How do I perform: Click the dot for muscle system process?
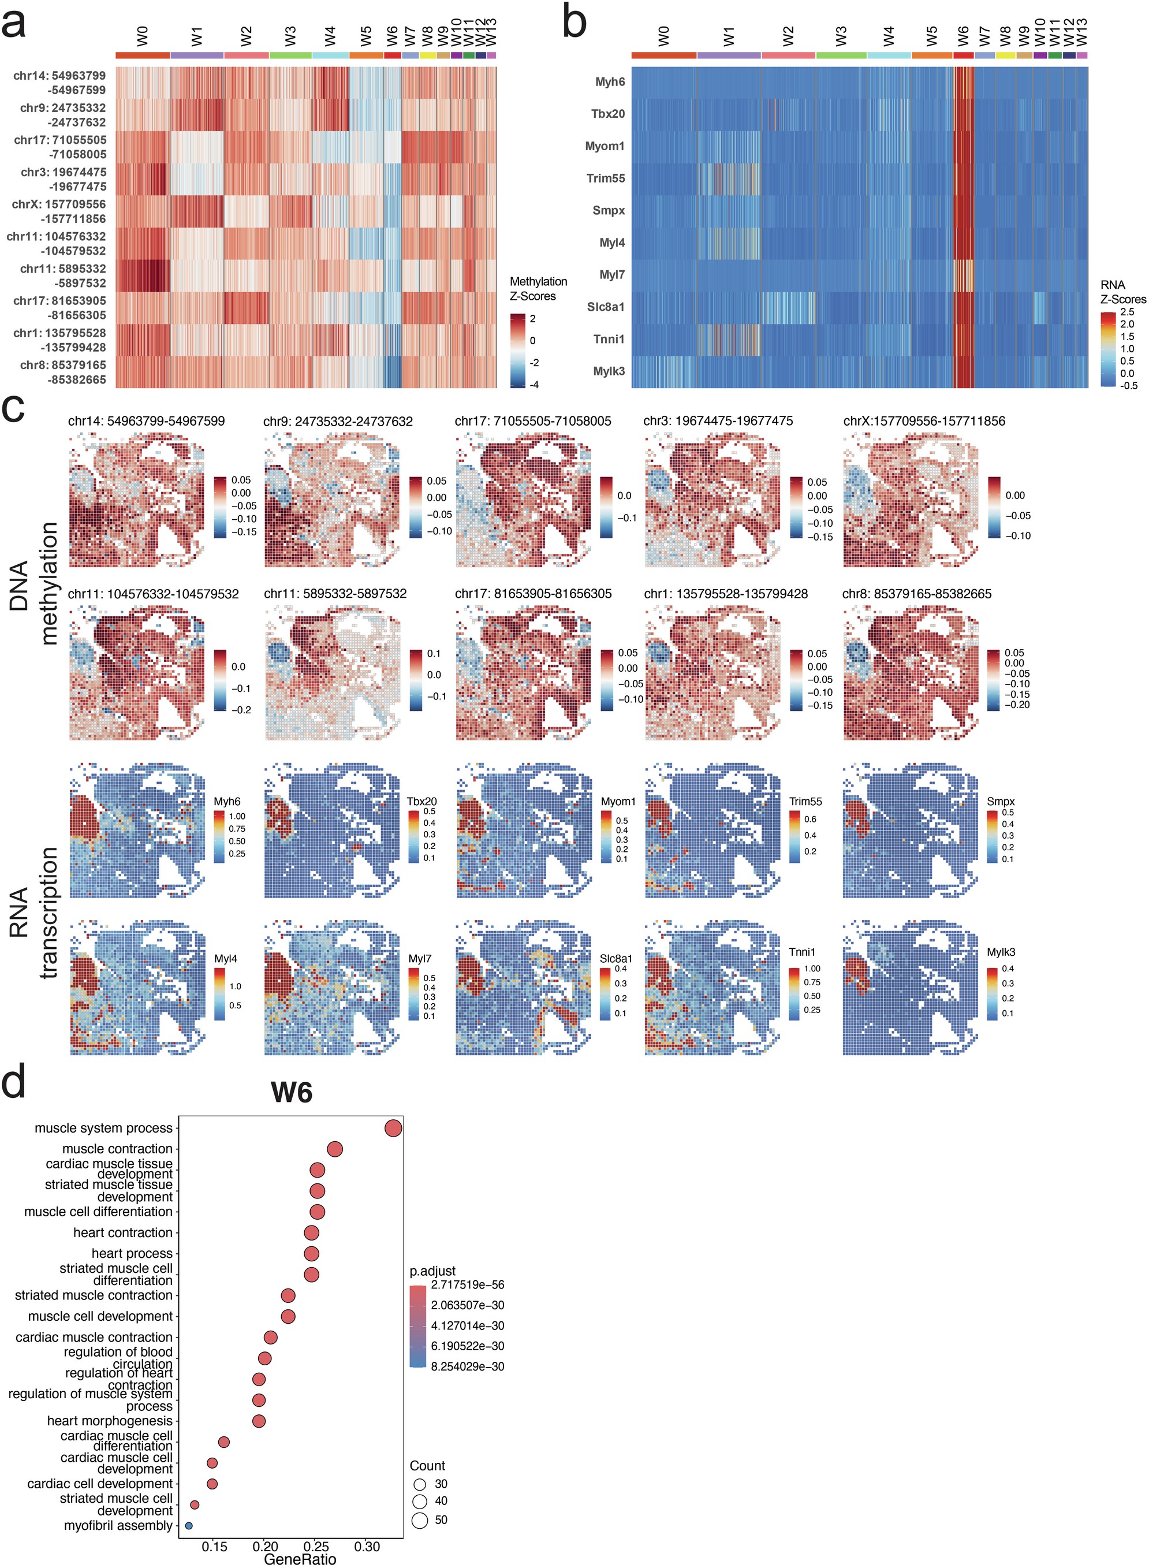click(393, 1128)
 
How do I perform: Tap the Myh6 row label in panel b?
click(610, 82)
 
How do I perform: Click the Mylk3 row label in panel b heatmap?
click(609, 371)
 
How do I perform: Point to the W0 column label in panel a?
click(142, 36)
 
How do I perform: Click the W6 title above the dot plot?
click(292, 1093)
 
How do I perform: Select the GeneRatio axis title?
click(300, 1559)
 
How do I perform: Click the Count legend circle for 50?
click(419, 1520)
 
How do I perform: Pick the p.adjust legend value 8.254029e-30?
click(467, 1366)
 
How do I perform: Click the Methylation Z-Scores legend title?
click(538, 289)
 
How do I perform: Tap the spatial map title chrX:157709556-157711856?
click(924, 421)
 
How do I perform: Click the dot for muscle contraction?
click(334, 1149)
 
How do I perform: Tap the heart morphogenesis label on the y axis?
click(109, 1421)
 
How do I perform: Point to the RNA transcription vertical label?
click(33, 911)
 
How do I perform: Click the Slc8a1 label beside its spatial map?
click(615, 959)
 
